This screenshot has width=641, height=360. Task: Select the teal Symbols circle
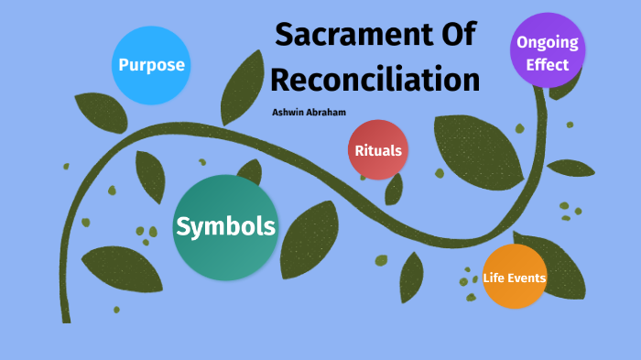pyautogui.click(x=225, y=227)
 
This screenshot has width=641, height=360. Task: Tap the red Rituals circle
pyautogui.click(x=377, y=150)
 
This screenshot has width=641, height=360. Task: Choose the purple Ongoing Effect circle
pyautogui.click(x=548, y=51)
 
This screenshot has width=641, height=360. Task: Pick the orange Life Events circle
pyautogui.click(x=515, y=277)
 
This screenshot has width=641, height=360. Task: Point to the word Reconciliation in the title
pyautogui.click(x=375, y=79)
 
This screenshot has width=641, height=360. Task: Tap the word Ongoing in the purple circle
pyautogui.click(x=548, y=41)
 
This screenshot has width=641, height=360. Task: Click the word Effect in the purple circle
pyautogui.click(x=548, y=65)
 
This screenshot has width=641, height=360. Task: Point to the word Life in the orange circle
pyautogui.click(x=495, y=278)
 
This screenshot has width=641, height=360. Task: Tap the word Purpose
pyautogui.click(x=151, y=65)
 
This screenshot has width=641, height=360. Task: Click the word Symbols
pyautogui.click(x=225, y=226)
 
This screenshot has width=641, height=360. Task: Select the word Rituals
pyautogui.click(x=377, y=150)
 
